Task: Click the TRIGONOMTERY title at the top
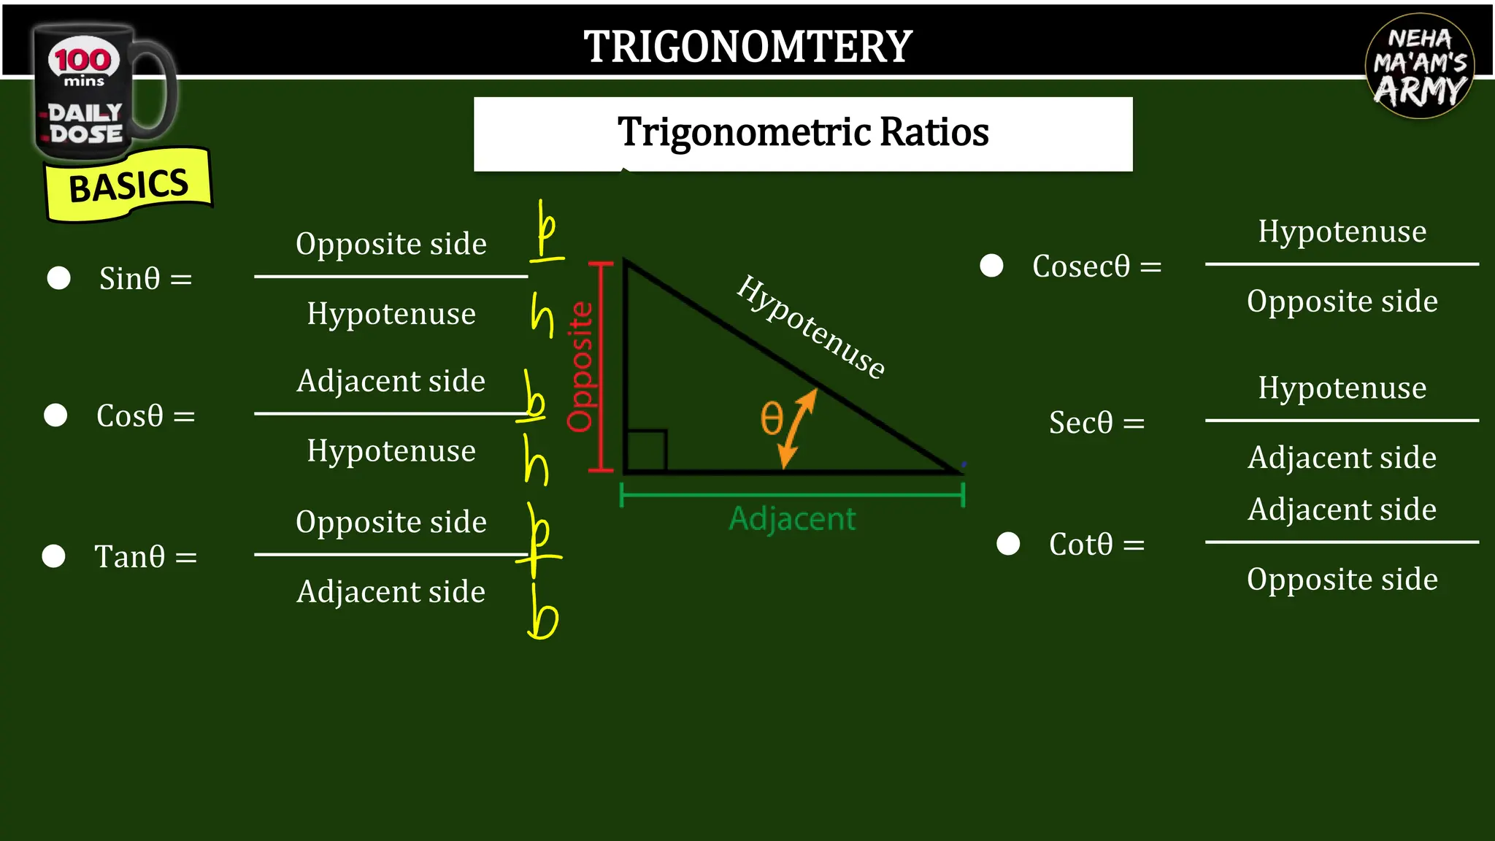click(x=747, y=47)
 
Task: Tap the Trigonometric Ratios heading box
click(x=803, y=134)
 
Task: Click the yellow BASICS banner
click(x=128, y=185)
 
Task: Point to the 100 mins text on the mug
click(x=83, y=66)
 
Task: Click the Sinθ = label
click(x=145, y=279)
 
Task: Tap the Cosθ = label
click(x=145, y=416)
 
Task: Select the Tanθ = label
click(x=145, y=557)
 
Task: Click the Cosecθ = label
click(x=1096, y=266)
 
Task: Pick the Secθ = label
click(x=1096, y=423)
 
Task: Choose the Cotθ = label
click(x=1096, y=545)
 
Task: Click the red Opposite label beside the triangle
click(x=580, y=366)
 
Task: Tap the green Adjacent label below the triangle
click(x=792, y=519)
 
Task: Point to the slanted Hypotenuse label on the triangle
click(x=811, y=326)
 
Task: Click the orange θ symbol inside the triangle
click(x=771, y=418)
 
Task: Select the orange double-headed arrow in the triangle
click(x=797, y=428)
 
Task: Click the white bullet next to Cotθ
click(x=1008, y=544)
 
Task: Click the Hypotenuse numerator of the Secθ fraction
click(x=1342, y=388)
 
